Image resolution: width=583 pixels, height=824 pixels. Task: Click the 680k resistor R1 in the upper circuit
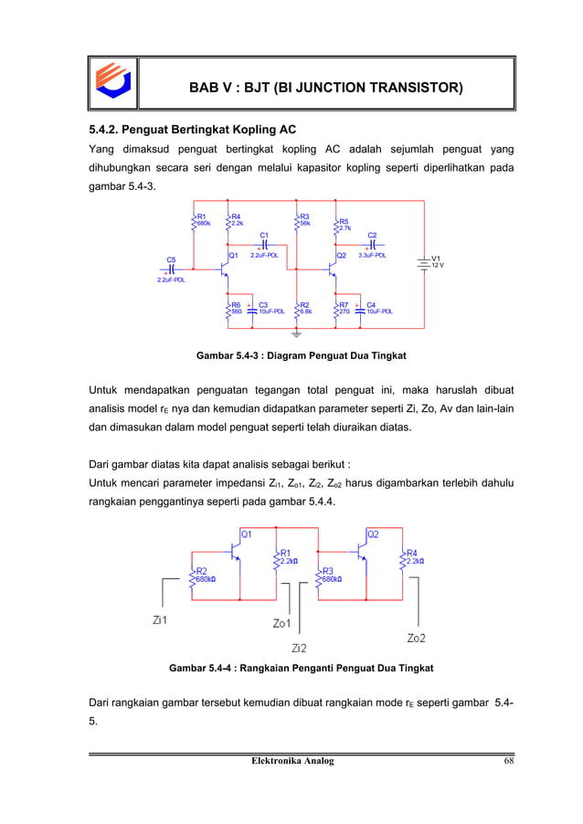click(193, 220)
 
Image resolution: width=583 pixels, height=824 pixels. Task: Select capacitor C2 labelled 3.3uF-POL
click(373, 246)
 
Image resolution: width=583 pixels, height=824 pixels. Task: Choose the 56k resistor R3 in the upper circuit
click(297, 220)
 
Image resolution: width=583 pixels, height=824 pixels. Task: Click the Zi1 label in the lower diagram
click(161, 620)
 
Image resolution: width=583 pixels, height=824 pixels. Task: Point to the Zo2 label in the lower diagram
click(416, 637)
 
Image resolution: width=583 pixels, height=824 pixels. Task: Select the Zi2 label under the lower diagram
click(298, 648)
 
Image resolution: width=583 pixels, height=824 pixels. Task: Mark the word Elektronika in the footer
click(264, 761)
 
